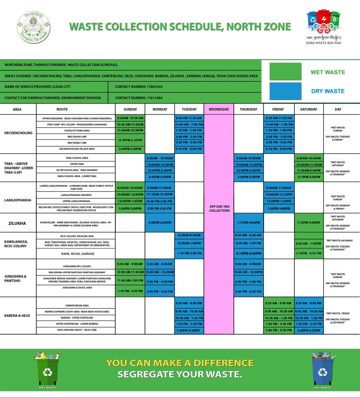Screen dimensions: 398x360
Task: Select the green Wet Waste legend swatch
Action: pyautogui.click(x=285, y=72)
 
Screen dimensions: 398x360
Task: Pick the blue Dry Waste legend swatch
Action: pyautogui.click(x=285, y=91)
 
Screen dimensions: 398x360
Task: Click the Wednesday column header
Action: pyautogui.click(x=219, y=109)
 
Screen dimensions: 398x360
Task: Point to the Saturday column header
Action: pyautogui.click(x=309, y=109)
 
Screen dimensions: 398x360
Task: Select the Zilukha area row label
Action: pyautogui.click(x=17, y=223)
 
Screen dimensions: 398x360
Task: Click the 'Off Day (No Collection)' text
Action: pyautogui.click(x=219, y=208)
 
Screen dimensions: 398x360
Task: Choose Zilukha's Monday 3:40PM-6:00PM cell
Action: pyautogui.click(x=160, y=223)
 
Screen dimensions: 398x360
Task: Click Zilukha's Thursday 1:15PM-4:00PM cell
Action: pyautogui.click(x=249, y=223)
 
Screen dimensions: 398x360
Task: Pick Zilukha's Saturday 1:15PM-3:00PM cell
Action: pyautogui.click(x=309, y=223)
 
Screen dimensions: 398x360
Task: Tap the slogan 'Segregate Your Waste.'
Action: pyautogui.click(x=180, y=375)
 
